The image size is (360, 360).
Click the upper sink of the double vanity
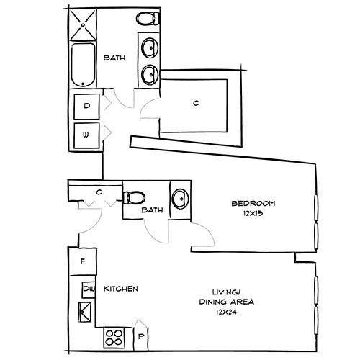point(150,48)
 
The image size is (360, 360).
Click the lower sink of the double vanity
point(150,74)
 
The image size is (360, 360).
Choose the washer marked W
point(87,135)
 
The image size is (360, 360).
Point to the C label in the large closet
point(195,103)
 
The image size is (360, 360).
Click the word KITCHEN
point(121,289)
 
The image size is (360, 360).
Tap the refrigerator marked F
point(84,261)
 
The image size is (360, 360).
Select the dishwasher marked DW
point(89,289)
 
